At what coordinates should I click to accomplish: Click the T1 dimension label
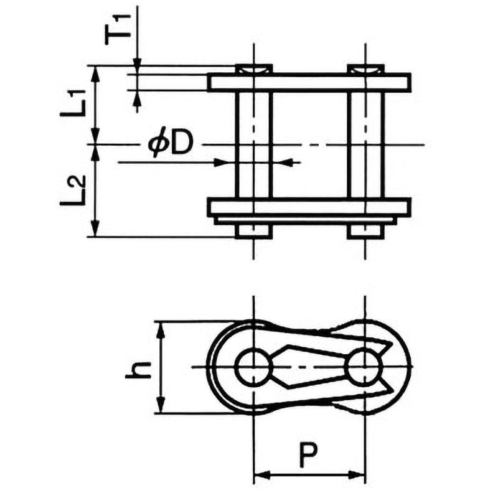pyautogui.click(x=118, y=30)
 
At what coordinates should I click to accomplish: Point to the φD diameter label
pyautogui.click(x=171, y=144)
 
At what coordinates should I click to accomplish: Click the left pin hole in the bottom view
pyautogui.click(x=253, y=367)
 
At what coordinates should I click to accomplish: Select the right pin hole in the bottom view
pyautogui.click(x=365, y=367)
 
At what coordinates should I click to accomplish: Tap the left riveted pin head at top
pyautogui.click(x=253, y=69)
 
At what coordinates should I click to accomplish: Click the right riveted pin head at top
pyautogui.click(x=365, y=69)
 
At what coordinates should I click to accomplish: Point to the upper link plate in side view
pyautogui.click(x=309, y=83)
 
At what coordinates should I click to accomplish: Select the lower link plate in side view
pyautogui.click(x=309, y=207)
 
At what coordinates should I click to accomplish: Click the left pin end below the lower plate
pyautogui.click(x=253, y=232)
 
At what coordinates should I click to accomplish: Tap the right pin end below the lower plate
pyautogui.click(x=365, y=232)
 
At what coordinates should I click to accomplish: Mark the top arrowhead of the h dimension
pyautogui.click(x=161, y=331)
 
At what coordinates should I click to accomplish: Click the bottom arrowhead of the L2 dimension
pyautogui.click(x=95, y=228)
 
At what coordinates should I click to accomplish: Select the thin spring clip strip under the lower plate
pyautogui.click(x=306, y=221)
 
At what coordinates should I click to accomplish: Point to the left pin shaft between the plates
pyautogui.click(x=253, y=144)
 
